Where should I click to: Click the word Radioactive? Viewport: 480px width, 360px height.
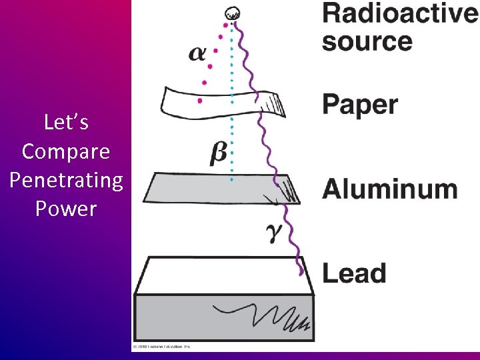(399, 14)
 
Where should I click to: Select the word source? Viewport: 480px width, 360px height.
(367, 41)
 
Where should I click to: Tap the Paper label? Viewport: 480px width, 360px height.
(360, 105)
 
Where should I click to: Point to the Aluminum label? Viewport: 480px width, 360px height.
(390, 189)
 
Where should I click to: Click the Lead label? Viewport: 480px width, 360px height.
(354, 273)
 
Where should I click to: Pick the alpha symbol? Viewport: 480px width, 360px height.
(197, 53)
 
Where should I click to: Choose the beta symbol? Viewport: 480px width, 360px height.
(218, 154)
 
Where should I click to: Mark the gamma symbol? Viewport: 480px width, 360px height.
(274, 231)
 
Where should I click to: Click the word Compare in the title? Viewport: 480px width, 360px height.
(66, 151)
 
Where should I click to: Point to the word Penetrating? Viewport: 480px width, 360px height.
(66, 180)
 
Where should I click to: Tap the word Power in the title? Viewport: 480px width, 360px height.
(66, 209)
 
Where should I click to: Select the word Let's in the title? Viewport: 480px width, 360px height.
(66, 123)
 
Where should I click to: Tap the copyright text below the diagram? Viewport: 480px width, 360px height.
(163, 347)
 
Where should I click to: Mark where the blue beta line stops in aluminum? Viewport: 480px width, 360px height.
(231, 180)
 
